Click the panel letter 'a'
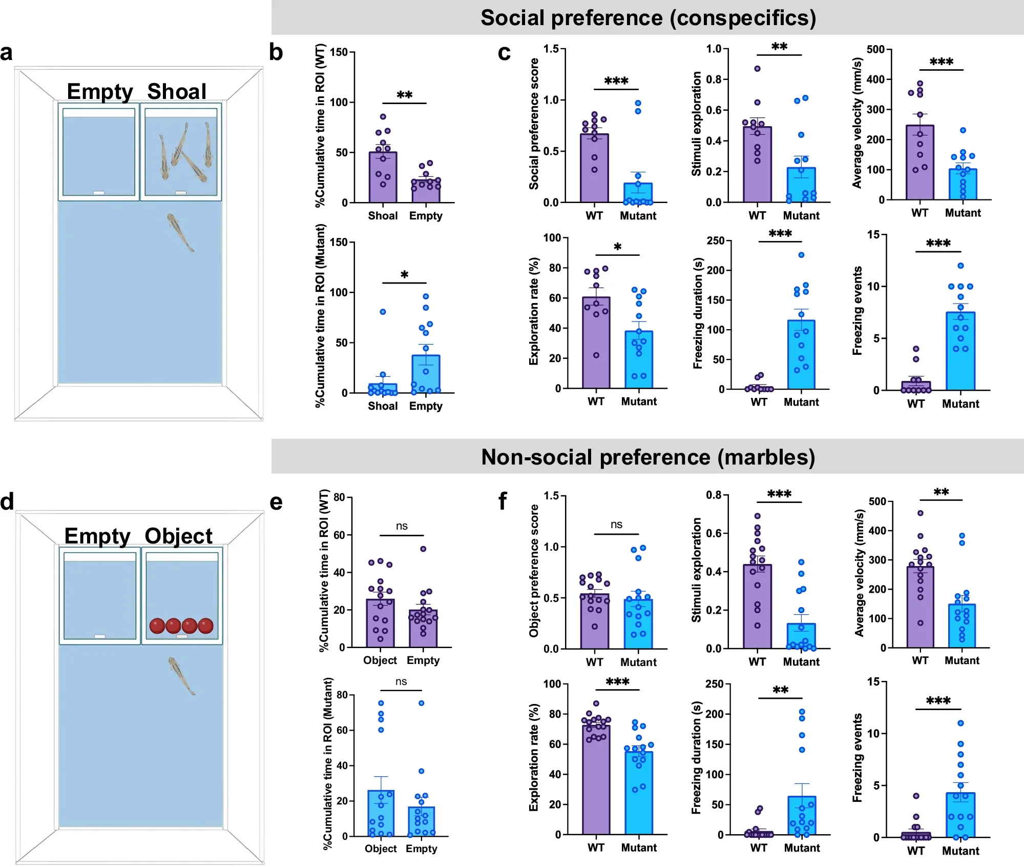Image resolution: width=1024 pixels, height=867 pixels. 6,53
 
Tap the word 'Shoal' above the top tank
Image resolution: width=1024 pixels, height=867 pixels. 177,91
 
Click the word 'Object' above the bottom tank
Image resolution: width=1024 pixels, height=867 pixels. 178,536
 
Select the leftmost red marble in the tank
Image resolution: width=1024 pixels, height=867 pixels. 157,626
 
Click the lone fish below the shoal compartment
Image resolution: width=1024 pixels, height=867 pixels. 180,232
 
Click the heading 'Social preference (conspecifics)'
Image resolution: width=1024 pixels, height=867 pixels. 647,18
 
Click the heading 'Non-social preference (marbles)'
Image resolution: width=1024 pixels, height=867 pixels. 647,457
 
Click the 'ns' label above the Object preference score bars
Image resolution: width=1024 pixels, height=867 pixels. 616,525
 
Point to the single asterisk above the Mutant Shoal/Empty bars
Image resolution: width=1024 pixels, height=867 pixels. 404,275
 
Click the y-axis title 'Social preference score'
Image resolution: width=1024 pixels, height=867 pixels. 534,124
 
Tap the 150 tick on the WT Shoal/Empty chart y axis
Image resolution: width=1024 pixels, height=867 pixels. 339,52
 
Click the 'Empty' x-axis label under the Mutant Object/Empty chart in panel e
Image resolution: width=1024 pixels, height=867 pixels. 422,849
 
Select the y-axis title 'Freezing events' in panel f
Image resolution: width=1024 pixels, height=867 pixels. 856,758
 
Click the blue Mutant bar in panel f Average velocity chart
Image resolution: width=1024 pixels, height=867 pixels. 962,626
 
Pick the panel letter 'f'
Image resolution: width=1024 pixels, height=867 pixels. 503,501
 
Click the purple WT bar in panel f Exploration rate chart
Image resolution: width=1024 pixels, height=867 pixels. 596,779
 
